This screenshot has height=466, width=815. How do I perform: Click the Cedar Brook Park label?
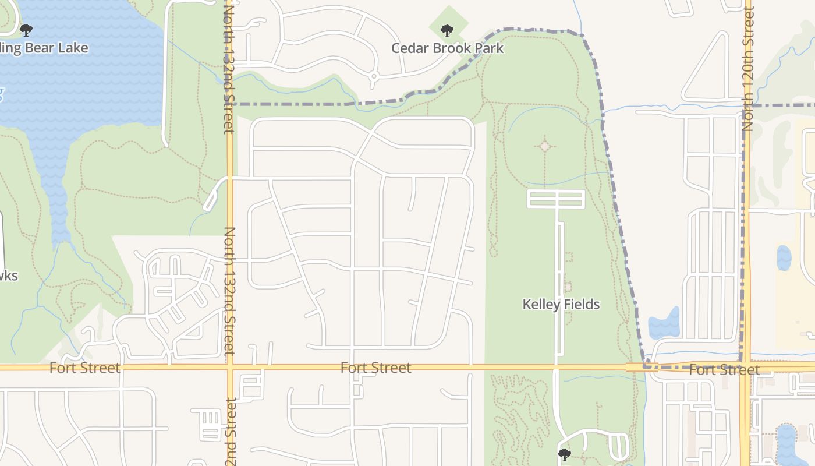(x=447, y=48)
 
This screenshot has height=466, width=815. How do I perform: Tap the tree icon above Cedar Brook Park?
(x=447, y=30)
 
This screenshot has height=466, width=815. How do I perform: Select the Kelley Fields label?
(x=561, y=304)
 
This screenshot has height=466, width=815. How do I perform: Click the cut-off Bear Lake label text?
(x=44, y=48)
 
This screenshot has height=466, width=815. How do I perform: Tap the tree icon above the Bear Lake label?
(x=26, y=30)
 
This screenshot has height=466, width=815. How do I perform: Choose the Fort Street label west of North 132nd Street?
(x=84, y=368)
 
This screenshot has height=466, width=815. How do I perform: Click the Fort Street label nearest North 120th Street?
(x=724, y=370)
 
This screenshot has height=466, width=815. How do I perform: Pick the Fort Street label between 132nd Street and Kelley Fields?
(x=375, y=368)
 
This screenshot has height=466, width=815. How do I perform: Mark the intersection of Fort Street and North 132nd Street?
(x=230, y=368)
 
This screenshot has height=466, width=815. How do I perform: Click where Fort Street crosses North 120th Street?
(x=745, y=367)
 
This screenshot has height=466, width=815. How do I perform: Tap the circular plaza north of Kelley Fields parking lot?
(x=545, y=146)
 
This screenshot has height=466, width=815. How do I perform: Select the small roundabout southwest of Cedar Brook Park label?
(x=374, y=76)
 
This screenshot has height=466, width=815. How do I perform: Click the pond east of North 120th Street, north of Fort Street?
(x=784, y=257)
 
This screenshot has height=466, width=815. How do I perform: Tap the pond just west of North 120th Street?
(x=664, y=323)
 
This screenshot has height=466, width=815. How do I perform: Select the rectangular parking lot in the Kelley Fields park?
(x=555, y=199)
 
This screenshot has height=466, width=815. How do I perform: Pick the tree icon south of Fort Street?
(x=564, y=454)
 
